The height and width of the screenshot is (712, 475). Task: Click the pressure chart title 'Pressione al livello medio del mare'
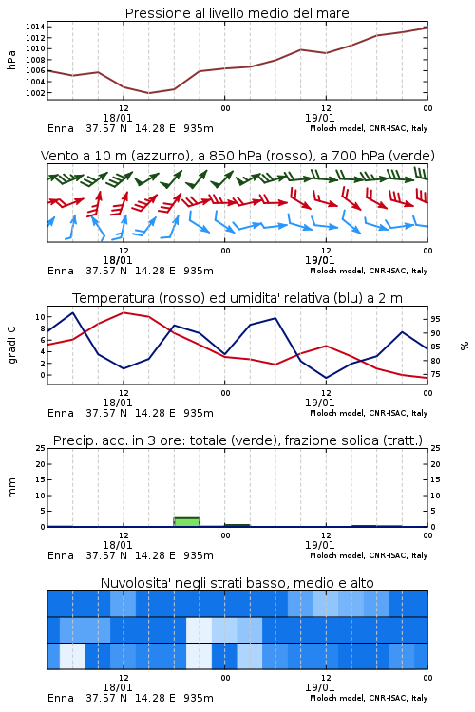237,13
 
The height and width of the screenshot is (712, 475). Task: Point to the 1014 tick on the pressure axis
35,27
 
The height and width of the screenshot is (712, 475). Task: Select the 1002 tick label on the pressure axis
35,93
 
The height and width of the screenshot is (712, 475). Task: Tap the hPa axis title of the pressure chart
11,60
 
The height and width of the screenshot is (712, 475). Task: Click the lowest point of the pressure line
148,93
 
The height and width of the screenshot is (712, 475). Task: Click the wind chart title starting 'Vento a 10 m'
237,156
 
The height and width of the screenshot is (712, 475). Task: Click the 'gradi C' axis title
11,346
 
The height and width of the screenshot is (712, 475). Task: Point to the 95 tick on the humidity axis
435,319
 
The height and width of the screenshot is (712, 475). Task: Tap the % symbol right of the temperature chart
465,346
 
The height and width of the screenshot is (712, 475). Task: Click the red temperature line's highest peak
123,312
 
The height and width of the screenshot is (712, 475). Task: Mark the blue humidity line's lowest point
326,378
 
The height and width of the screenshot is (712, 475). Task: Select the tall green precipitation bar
187,522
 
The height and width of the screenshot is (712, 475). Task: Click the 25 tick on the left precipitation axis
41,448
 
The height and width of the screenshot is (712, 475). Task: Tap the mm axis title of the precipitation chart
11,488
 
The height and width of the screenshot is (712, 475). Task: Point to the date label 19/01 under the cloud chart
319,687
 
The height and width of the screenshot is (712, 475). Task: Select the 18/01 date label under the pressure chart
117,118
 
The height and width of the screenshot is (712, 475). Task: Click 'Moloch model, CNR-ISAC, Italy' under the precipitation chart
369,555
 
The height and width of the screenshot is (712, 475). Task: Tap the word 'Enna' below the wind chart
61,272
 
